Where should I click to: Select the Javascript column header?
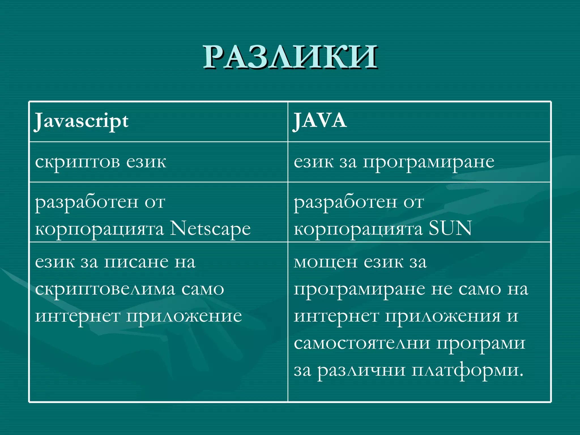coord(82,121)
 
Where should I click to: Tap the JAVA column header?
coord(320,121)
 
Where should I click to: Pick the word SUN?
coord(450,228)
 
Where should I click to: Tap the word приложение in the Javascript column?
coord(184,316)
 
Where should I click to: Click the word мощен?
coord(325,262)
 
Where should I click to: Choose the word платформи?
coord(467,370)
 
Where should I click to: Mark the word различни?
coord(361,370)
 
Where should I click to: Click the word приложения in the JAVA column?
coord(443,316)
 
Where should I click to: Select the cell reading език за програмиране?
coord(394,162)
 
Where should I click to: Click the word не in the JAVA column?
coord(442,289)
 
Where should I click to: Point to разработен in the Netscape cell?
coord(87,202)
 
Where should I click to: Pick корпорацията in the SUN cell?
coord(358,229)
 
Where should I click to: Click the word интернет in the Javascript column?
coord(78,316)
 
